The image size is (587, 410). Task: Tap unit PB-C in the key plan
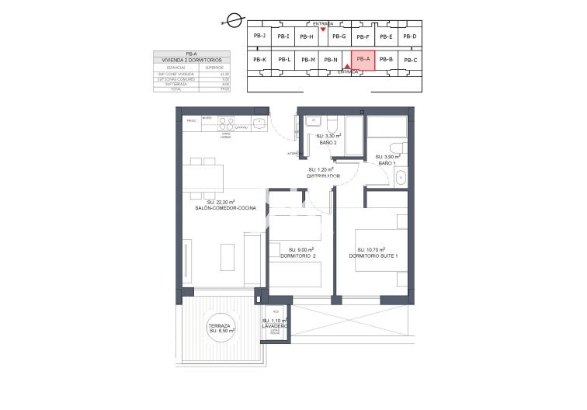click(410, 60)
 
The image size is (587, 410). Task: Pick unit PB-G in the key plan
click(339, 36)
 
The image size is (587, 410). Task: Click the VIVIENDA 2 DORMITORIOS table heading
click(186, 59)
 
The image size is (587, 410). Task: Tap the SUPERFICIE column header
click(214, 67)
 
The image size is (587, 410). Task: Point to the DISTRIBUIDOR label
click(325, 175)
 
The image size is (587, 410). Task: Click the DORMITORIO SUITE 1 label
click(373, 255)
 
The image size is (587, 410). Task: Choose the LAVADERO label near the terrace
click(275, 326)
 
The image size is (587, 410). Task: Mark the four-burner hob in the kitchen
click(226, 121)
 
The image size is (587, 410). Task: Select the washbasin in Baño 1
click(400, 178)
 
